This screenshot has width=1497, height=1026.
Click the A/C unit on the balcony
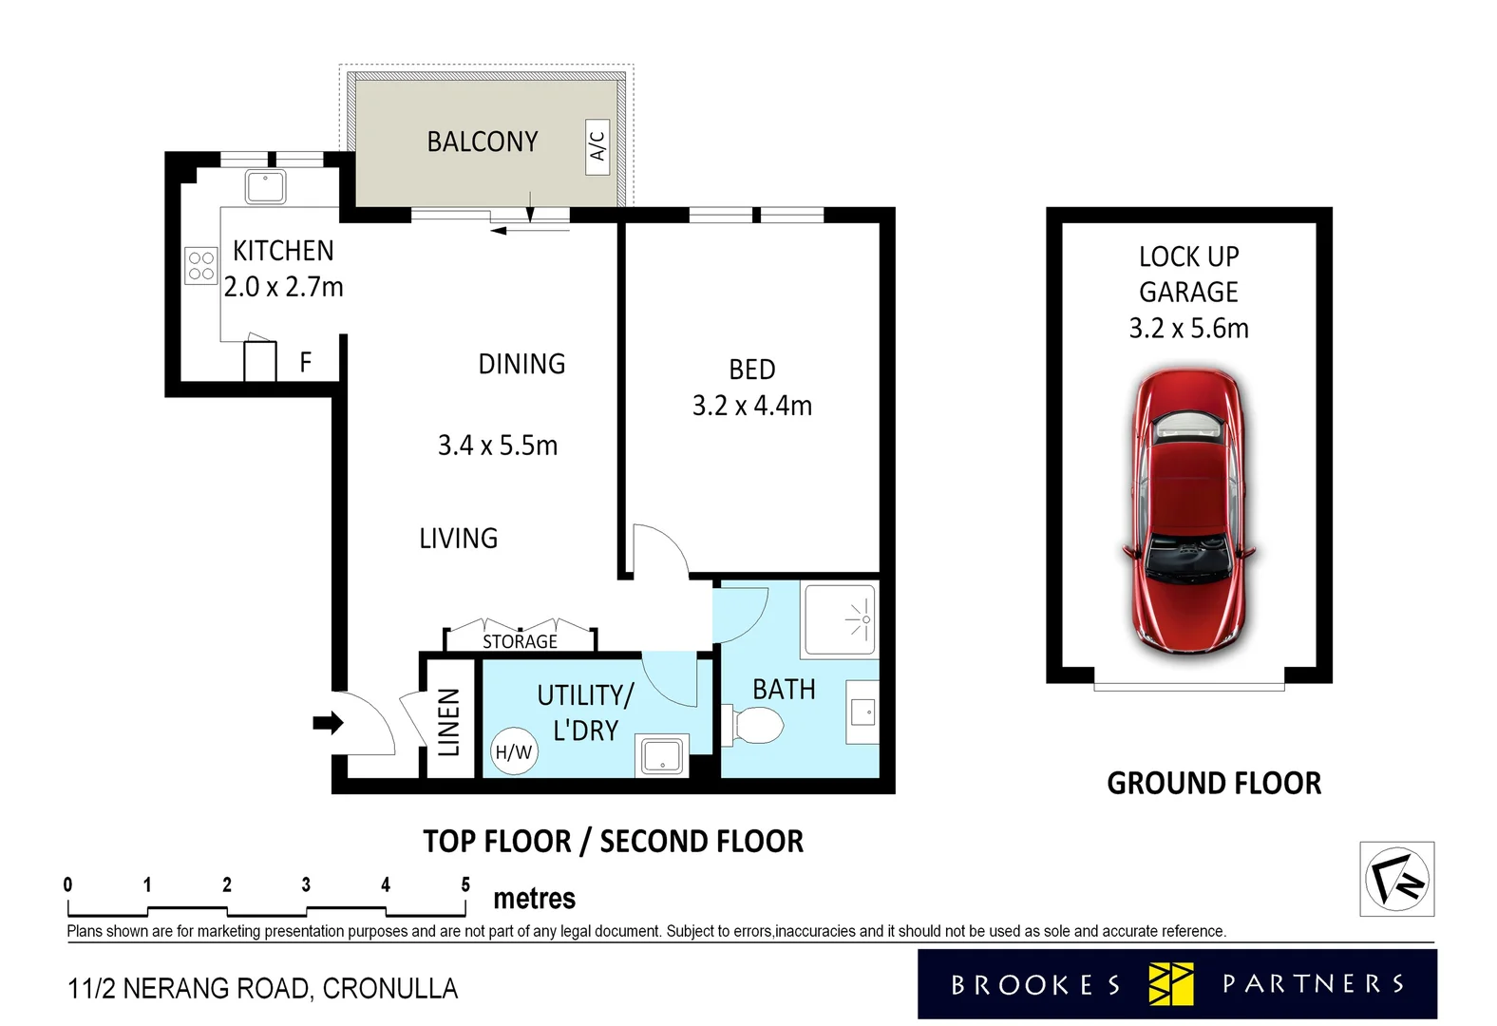point(597,146)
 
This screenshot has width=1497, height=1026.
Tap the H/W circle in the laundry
point(514,752)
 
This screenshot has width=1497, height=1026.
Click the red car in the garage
point(1188,511)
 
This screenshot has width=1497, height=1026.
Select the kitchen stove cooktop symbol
point(201,266)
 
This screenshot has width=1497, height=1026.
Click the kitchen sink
point(266,186)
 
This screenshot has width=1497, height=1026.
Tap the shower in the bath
point(840,620)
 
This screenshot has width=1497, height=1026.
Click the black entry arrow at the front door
point(328,723)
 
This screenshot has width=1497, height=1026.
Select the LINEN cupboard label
point(449,722)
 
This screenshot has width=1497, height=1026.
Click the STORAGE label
point(520,642)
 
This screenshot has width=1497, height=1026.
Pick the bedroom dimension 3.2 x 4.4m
point(751,406)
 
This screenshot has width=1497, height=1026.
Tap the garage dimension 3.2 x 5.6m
point(1188,329)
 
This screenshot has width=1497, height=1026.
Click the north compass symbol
point(1396,879)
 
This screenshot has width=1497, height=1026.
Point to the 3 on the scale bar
point(306,884)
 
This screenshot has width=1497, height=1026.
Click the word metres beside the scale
point(534,899)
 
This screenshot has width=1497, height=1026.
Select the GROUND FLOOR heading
point(1213,783)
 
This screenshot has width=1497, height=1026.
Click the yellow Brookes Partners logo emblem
point(1170,983)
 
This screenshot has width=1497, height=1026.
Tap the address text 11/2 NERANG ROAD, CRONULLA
point(262,989)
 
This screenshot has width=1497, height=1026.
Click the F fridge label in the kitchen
point(305,362)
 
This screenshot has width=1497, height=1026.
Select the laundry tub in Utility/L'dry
point(662,756)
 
